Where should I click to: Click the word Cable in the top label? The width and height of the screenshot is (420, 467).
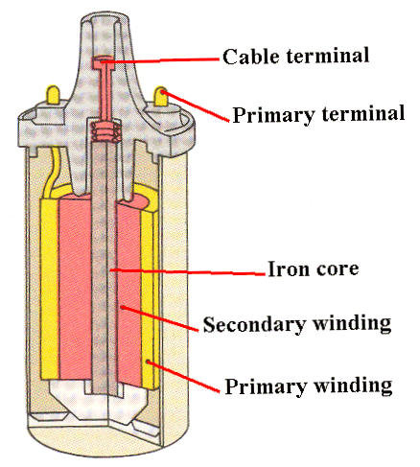pyautogui.click(x=250, y=57)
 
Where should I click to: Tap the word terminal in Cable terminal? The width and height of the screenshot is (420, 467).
pyautogui.click(x=328, y=56)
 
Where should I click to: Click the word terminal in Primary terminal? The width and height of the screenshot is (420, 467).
pyautogui.click(x=363, y=113)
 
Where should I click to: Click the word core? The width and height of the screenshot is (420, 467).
pyautogui.click(x=338, y=270)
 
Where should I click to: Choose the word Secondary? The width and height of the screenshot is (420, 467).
pyautogui.click(x=254, y=324)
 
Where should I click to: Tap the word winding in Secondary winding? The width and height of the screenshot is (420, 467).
pyautogui.click(x=352, y=323)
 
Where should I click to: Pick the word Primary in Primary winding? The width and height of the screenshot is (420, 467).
pyautogui.click(x=266, y=386)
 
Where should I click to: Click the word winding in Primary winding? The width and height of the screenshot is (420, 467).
pyautogui.click(x=353, y=385)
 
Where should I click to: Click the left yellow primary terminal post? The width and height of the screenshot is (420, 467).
pyautogui.click(x=53, y=95)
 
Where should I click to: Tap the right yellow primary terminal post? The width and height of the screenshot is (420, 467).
pyautogui.click(x=161, y=96)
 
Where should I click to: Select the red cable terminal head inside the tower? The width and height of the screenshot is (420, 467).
pyautogui.click(x=104, y=63)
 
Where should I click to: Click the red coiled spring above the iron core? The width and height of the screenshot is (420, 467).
pyautogui.click(x=105, y=131)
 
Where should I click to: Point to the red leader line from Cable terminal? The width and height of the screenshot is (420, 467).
pyautogui.click(x=160, y=60)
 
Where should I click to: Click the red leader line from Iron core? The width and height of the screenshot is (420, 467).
pyautogui.click(x=187, y=272)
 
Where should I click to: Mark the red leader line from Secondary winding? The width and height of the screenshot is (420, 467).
pyautogui.click(x=159, y=318)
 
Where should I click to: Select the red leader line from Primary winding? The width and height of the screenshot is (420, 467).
pyautogui.click(x=183, y=376)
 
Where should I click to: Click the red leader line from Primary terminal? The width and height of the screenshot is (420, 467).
pyautogui.click(x=196, y=106)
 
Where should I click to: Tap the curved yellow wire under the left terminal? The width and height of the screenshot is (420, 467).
pyautogui.click(x=52, y=173)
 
